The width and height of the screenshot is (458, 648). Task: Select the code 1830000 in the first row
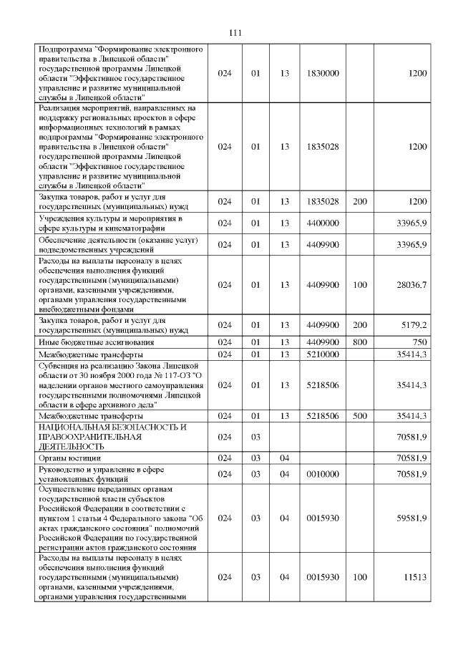(322, 73)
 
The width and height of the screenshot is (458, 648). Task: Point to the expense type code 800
(360, 342)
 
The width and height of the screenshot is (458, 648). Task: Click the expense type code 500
(360, 416)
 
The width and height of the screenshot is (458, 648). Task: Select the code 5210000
(322, 354)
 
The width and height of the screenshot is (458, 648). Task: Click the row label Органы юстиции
(69, 457)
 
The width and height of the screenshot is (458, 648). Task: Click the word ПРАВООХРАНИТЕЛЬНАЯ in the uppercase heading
(85, 437)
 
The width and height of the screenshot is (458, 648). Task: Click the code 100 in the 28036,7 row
(360, 285)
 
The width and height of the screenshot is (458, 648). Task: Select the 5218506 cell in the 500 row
(322, 416)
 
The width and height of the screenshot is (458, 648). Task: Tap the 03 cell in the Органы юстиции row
(255, 457)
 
